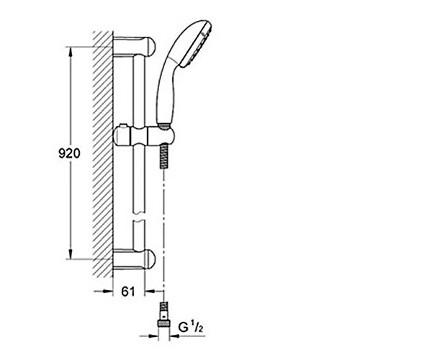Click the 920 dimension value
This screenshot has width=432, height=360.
[69, 153]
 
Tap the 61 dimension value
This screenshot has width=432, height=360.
[128, 292]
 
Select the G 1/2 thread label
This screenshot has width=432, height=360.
[191, 328]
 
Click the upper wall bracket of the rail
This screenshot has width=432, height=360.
[134, 46]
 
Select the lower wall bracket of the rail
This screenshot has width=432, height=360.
[134, 259]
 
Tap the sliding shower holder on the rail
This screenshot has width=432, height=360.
[144, 136]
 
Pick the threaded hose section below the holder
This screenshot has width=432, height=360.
[164, 156]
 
